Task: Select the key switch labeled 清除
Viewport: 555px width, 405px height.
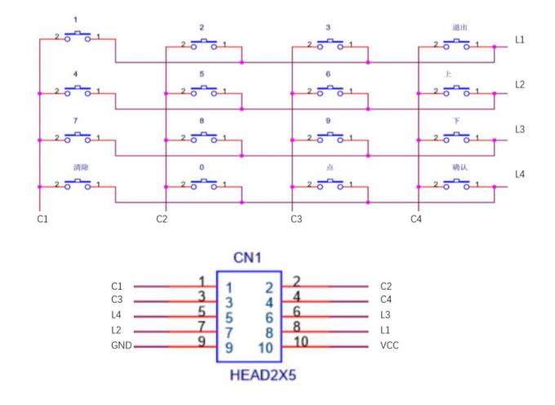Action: coord(78,184)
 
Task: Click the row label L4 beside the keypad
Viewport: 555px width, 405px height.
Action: coord(521,174)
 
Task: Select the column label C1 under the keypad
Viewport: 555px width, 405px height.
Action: coord(43,219)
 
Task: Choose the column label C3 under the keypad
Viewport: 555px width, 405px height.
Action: coord(296,219)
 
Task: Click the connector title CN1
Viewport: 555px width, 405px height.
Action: coord(247,259)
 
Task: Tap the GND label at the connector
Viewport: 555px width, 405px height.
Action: coord(119,346)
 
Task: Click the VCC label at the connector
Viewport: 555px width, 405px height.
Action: coord(389,346)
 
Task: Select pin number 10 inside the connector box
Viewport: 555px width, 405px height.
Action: coord(265,346)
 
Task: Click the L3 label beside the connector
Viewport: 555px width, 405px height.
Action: coord(386,316)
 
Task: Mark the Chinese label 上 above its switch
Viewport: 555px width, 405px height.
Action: coord(447,73)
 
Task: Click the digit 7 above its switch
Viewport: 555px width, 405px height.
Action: coord(76,120)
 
